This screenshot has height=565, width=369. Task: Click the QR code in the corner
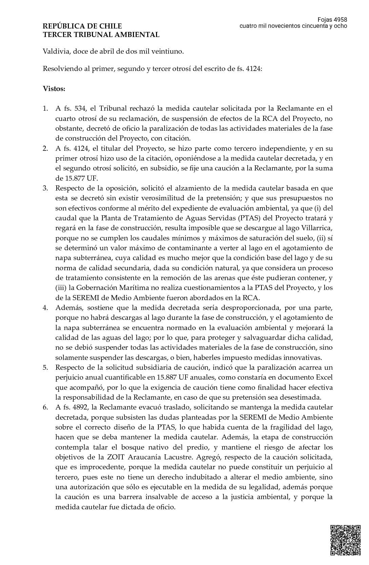345,540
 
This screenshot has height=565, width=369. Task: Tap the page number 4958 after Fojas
340,20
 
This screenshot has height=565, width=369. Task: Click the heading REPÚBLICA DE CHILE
82,26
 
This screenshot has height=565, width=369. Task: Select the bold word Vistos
54,89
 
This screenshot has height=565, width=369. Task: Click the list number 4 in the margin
45,308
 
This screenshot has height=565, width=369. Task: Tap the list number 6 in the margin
45,407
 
